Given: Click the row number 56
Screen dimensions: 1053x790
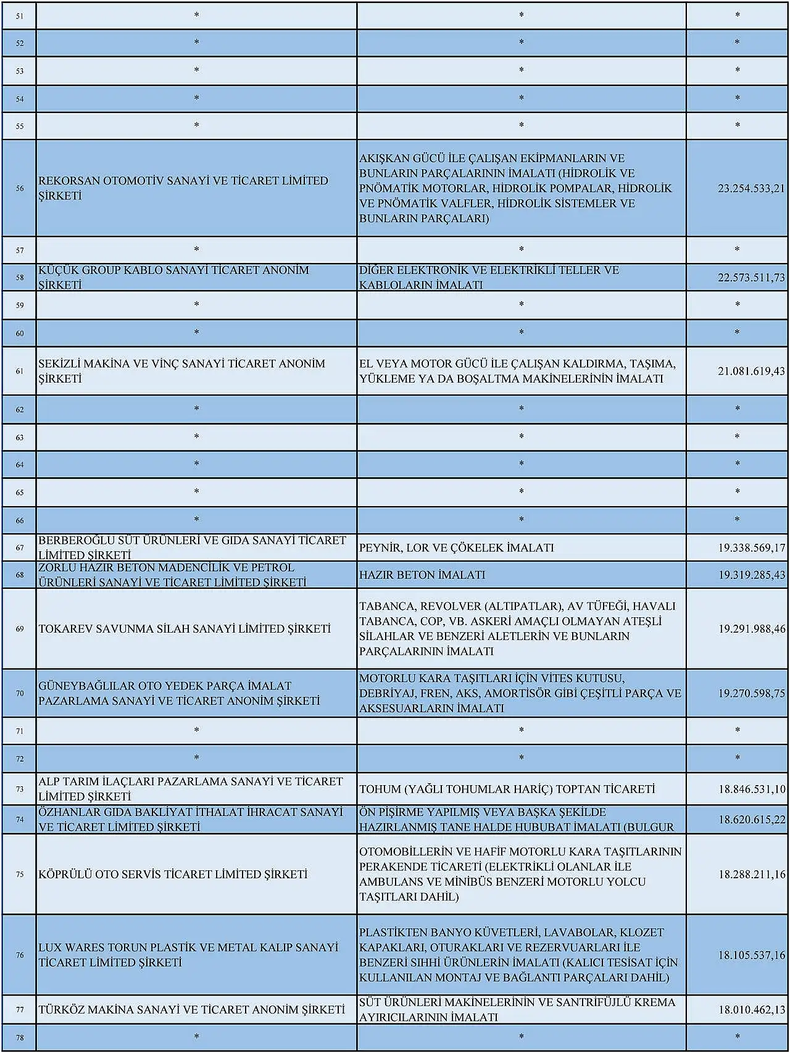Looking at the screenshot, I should [x=20, y=188].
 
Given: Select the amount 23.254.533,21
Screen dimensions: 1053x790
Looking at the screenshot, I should [x=750, y=188].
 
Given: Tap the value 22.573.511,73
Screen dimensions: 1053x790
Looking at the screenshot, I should [x=750, y=278].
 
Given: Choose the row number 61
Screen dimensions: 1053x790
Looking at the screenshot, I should [x=20, y=371].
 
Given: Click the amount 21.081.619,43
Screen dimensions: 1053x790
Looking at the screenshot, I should [x=750, y=371].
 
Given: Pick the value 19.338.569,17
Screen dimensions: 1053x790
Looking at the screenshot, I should [x=751, y=547].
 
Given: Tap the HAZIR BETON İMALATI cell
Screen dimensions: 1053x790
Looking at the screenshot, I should [x=422, y=575].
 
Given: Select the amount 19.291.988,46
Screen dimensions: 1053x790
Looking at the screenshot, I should [x=751, y=629].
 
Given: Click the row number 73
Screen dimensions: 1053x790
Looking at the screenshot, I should [x=20, y=789].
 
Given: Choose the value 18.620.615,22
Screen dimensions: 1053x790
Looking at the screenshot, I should [x=751, y=820].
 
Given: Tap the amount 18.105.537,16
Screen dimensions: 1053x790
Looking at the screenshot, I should [x=751, y=955].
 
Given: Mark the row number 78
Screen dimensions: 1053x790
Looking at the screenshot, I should [x=20, y=1038].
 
